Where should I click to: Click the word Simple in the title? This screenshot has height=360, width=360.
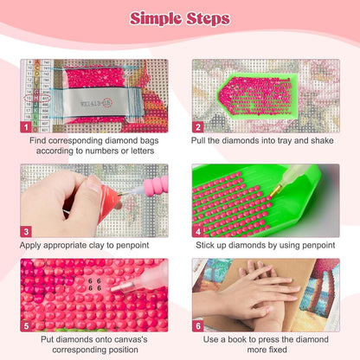[156, 19]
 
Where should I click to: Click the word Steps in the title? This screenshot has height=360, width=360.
[208, 18]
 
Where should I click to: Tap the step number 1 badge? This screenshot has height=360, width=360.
[26, 127]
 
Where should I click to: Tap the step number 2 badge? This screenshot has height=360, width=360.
[198, 127]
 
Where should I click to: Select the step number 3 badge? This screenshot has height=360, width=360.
[26, 231]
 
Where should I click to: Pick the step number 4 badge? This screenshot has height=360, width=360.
[198, 231]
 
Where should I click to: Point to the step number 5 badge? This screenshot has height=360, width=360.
[26, 326]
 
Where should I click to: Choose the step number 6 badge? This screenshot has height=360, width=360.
[198, 326]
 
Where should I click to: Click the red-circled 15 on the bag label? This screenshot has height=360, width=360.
[107, 102]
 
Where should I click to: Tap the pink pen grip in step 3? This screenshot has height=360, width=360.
[156, 186]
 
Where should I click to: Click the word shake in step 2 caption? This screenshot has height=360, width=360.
[322, 140]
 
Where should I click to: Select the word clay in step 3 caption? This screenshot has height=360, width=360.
[97, 246]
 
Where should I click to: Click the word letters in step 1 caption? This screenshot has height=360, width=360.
[142, 151]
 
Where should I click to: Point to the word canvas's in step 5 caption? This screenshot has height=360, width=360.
[129, 339]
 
